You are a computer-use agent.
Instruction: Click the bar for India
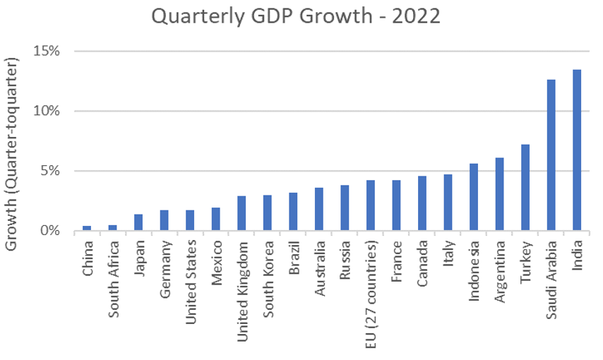[x=577, y=150]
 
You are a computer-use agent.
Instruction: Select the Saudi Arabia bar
[x=551, y=155]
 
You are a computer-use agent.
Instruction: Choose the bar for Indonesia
[x=474, y=198]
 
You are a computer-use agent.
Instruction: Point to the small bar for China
[x=87, y=228]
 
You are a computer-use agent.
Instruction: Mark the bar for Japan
[x=138, y=222]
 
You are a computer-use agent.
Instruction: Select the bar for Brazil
[x=293, y=212]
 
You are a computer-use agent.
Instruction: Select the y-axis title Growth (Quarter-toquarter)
[x=13, y=151]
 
